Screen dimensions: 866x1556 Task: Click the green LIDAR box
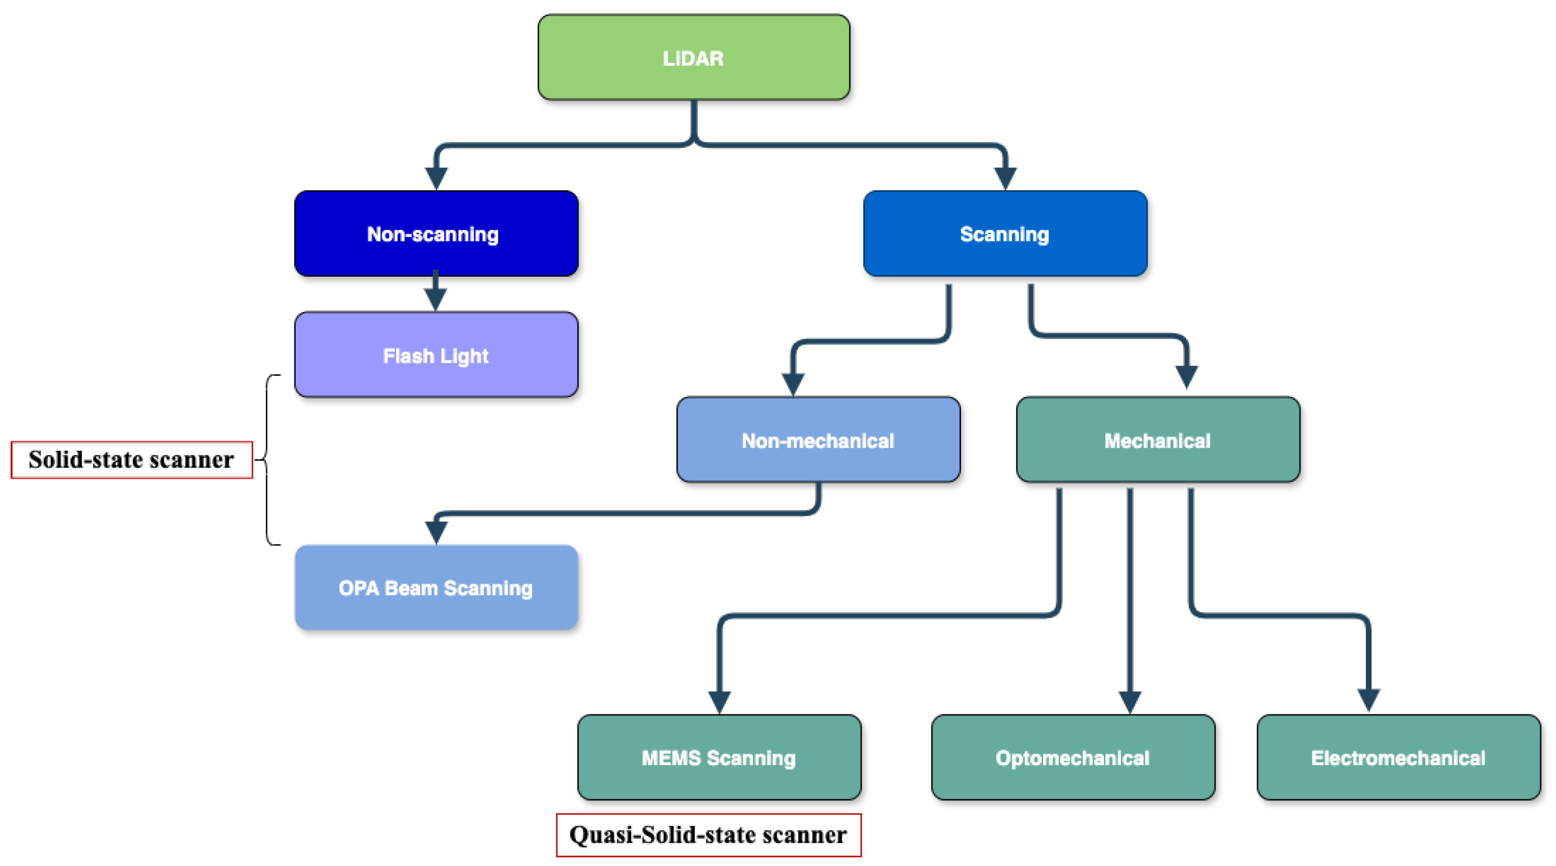(x=693, y=57)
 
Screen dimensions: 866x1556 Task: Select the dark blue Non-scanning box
(x=436, y=234)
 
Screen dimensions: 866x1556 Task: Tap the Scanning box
(x=1004, y=234)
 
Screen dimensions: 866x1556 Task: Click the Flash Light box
(x=436, y=355)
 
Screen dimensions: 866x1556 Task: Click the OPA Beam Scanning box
(x=436, y=588)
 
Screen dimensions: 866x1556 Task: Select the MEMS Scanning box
(x=719, y=757)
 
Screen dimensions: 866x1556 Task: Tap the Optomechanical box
(x=1073, y=757)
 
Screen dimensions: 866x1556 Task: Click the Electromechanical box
(x=1399, y=757)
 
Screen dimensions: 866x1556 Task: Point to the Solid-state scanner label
(x=132, y=460)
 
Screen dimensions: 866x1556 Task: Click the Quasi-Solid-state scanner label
(x=708, y=835)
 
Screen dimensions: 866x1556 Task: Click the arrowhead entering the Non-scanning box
(x=436, y=178)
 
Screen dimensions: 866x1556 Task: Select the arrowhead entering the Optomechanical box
(x=1130, y=702)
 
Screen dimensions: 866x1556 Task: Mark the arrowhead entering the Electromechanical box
(x=1368, y=700)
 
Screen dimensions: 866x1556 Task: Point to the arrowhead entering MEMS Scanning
(x=720, y=702)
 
